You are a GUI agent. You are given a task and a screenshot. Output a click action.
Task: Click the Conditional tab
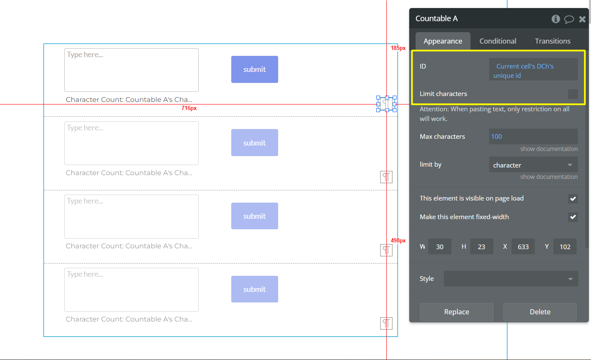coord(498,41)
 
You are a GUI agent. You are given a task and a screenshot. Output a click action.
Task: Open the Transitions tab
coord(553,41)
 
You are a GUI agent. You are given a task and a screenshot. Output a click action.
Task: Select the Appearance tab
coord(443,41)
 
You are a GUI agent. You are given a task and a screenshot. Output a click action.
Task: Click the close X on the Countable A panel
coord(582,19)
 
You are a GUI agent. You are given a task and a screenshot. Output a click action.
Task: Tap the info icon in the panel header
coord(555,19)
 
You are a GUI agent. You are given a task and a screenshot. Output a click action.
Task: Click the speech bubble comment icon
coord(569,19)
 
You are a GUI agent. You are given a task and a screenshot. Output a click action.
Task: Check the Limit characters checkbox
coord(573,94)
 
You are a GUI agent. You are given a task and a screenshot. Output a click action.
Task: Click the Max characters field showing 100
coord(533,137)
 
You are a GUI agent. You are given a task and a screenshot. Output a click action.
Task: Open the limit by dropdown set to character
coord(533,165)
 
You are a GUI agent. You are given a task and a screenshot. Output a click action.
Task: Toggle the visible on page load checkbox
coord(573,198)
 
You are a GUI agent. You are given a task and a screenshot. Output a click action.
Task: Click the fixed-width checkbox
coord(573,217)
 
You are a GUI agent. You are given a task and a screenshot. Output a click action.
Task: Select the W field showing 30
coord(440,247)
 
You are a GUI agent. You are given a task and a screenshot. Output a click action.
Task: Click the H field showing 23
coord(482,247)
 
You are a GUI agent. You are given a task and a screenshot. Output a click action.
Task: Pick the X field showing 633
coord(523,247)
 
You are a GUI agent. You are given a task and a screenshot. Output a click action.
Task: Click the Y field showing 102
coord(565,247)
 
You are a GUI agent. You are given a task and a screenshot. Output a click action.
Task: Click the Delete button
coord(540,312)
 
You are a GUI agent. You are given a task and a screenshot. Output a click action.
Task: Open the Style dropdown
coord(511,279)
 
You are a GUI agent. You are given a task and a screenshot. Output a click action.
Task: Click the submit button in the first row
coord(254,69)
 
